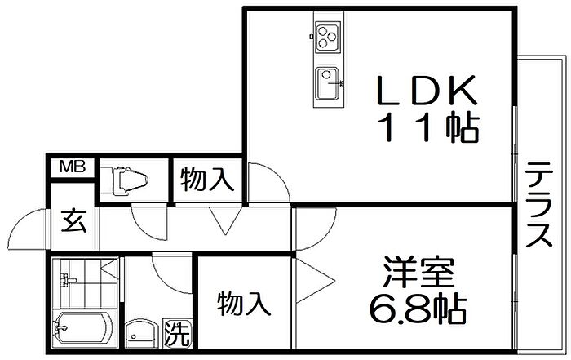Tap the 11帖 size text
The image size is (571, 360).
pos(427,127)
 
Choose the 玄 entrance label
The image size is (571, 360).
pos(75,221)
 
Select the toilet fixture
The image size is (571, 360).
pos(126,178)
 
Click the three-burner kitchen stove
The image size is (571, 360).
pos(328,35)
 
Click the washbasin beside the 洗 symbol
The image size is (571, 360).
pos(142,333)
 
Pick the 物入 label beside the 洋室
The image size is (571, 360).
pos(243,304)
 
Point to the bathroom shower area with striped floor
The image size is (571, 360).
pos(86,282)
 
